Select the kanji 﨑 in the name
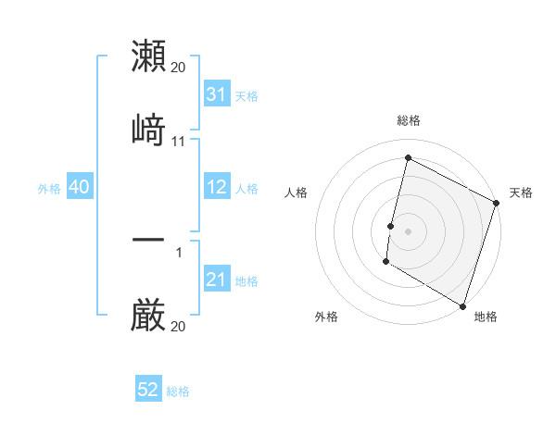click(148, 129)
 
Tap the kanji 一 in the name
click(148, 240)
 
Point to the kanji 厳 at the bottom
click(148, 315)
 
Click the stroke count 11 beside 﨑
click(179, 142)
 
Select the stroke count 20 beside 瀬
click(179, 68)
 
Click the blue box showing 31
click(216, 94)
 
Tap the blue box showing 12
click(216, 188)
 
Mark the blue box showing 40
click(79, 188)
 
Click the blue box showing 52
click(148, 391)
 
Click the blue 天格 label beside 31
click(246, 95)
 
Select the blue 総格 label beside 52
click(178, 391)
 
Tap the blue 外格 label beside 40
click(49, 189)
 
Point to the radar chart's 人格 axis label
click(296, 193)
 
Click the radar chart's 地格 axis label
click(486, 317)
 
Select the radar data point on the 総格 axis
click(408, 158)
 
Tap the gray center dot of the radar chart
click(408, 230)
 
